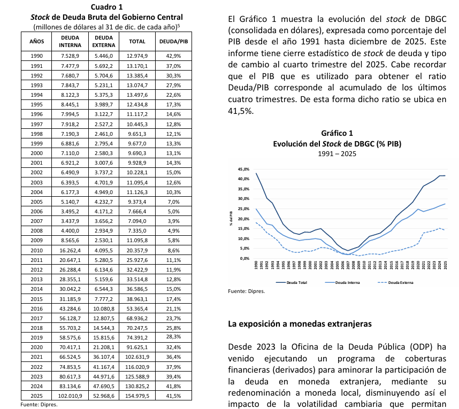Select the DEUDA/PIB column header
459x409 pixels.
pos(173,41)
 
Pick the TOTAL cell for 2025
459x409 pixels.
pos(137,396)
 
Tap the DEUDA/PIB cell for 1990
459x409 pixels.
pos(173,55)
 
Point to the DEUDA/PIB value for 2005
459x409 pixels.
pos(173,202)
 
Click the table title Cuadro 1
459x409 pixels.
pos(107,7)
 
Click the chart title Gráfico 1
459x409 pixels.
pos(337,133)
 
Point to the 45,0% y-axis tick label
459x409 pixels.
pos(243,169)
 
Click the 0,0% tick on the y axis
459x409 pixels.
pos(244,258)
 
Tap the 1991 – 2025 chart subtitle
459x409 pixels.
pos(337,153)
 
